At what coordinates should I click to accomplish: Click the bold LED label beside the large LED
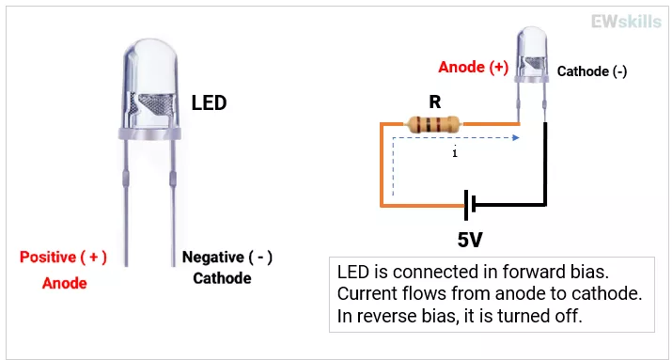coord(209,102)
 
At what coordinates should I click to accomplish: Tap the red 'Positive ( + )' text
coord(64,257)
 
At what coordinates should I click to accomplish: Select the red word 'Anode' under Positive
coord(64,282)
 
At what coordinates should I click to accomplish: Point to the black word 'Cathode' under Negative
coord(222,278)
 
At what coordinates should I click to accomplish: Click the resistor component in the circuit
coord(433,123)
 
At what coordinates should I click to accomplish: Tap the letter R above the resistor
coord(434,101)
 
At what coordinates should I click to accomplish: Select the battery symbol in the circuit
coord(470,203)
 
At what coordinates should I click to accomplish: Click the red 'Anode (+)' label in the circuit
coord(473,68)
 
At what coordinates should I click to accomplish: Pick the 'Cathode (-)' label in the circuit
coord(592,71)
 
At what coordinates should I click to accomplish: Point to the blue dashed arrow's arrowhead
coord(517,138)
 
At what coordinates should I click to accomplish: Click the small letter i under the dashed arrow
coord(455,153)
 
